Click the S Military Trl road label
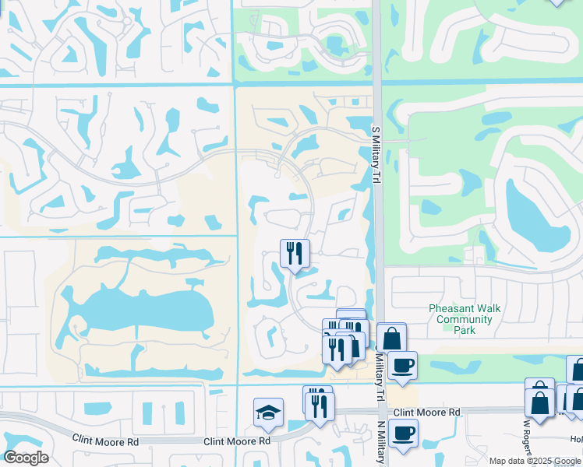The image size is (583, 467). pyautogui.click(x=375, y=156)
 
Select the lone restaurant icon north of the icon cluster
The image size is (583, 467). pyautogui.click(x=295, y=253)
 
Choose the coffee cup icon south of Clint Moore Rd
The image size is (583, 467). pyautogui.click(x=402, y=434)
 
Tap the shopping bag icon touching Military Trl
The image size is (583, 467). pyautogui.click(x=391, y=339)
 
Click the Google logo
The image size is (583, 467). pyautogui.click(x=26, y=458)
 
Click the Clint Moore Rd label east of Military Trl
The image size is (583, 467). pyautogui.click(x=427, y=412)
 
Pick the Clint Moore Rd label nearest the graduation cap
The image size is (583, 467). pyautogui.click(x=237, y=441)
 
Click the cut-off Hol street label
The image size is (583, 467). pyautogui.click(x=576, y=438)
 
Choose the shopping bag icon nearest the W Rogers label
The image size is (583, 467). pyautogui.click(x=539, y=403)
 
